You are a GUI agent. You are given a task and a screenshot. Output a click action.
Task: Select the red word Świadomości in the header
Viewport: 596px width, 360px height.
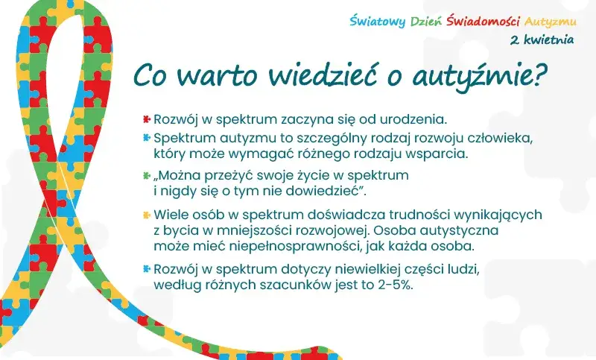(x=484, y=20)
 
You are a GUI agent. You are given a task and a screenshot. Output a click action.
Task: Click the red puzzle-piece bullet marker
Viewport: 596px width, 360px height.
(x=147, y=119)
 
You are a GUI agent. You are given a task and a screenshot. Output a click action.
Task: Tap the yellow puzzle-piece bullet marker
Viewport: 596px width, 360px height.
(x=147, y=214)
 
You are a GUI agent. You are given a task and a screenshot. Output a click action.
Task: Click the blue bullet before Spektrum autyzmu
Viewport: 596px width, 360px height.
(x=147, y=138)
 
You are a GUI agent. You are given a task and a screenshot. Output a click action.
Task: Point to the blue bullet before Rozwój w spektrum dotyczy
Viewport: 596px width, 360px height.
(x=147, y=268)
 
